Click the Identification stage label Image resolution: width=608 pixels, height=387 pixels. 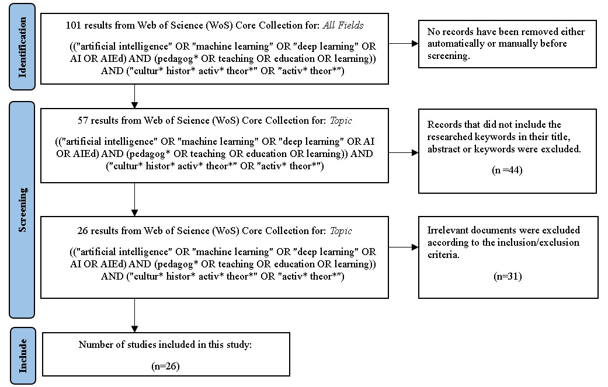[x=23, y=47]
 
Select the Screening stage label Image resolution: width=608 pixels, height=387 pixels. [x=23, y=210]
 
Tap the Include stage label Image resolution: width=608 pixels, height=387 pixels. [x=23, y=356]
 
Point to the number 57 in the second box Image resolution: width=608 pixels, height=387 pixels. [x=84, y=121]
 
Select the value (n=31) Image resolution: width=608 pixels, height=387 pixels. [x=507, y=276]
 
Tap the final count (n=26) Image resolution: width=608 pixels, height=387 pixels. [x=165, y=365]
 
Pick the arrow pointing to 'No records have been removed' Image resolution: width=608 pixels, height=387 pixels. [x=404, y=44]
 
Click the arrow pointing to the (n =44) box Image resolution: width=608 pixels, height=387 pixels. [x=404, y=153]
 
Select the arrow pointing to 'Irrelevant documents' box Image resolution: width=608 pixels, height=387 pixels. [x=404, y=247]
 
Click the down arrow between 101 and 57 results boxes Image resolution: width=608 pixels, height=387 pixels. [x=135, y=97]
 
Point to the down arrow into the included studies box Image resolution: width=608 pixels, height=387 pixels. [x=135, y=316]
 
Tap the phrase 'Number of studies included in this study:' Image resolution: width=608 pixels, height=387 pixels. [x=165, y=345]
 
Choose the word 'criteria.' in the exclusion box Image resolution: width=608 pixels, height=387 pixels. [x=444, y=253]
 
